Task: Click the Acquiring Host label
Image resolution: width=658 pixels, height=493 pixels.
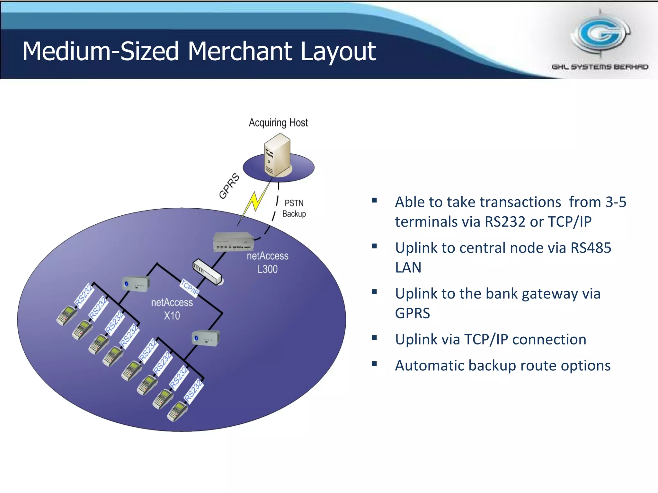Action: tap(278, 123)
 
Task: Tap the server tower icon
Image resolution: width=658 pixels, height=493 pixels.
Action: tap(277, 156)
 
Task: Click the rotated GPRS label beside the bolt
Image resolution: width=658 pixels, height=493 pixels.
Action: tap(229, 186)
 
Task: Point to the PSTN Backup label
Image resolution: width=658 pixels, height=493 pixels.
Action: tap(294, 208)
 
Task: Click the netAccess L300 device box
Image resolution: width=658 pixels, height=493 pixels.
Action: tap(233, 241)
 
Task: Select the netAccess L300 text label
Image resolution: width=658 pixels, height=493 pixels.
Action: tap(267, 262)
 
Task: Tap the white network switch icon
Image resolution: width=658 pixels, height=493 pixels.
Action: tap(207, 272)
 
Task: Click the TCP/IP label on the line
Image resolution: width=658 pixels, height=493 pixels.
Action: tap(189, 288)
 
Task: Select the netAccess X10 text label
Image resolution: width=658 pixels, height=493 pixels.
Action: tap(172, 309)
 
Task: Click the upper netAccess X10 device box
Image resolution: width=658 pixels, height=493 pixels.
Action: tap(136, 284)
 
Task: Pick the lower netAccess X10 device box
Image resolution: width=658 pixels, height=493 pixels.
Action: tap(206, 338)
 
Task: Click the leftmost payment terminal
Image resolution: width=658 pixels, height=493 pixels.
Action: tap(67, 315)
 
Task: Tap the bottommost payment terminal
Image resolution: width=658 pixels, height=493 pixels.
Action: tap(177, 412)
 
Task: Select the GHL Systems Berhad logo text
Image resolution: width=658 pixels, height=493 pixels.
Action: tap(600, 67)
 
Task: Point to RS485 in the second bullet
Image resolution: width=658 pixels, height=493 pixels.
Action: tap(591, 248)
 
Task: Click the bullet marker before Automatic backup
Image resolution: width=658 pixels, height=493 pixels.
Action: tap(374, 364)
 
